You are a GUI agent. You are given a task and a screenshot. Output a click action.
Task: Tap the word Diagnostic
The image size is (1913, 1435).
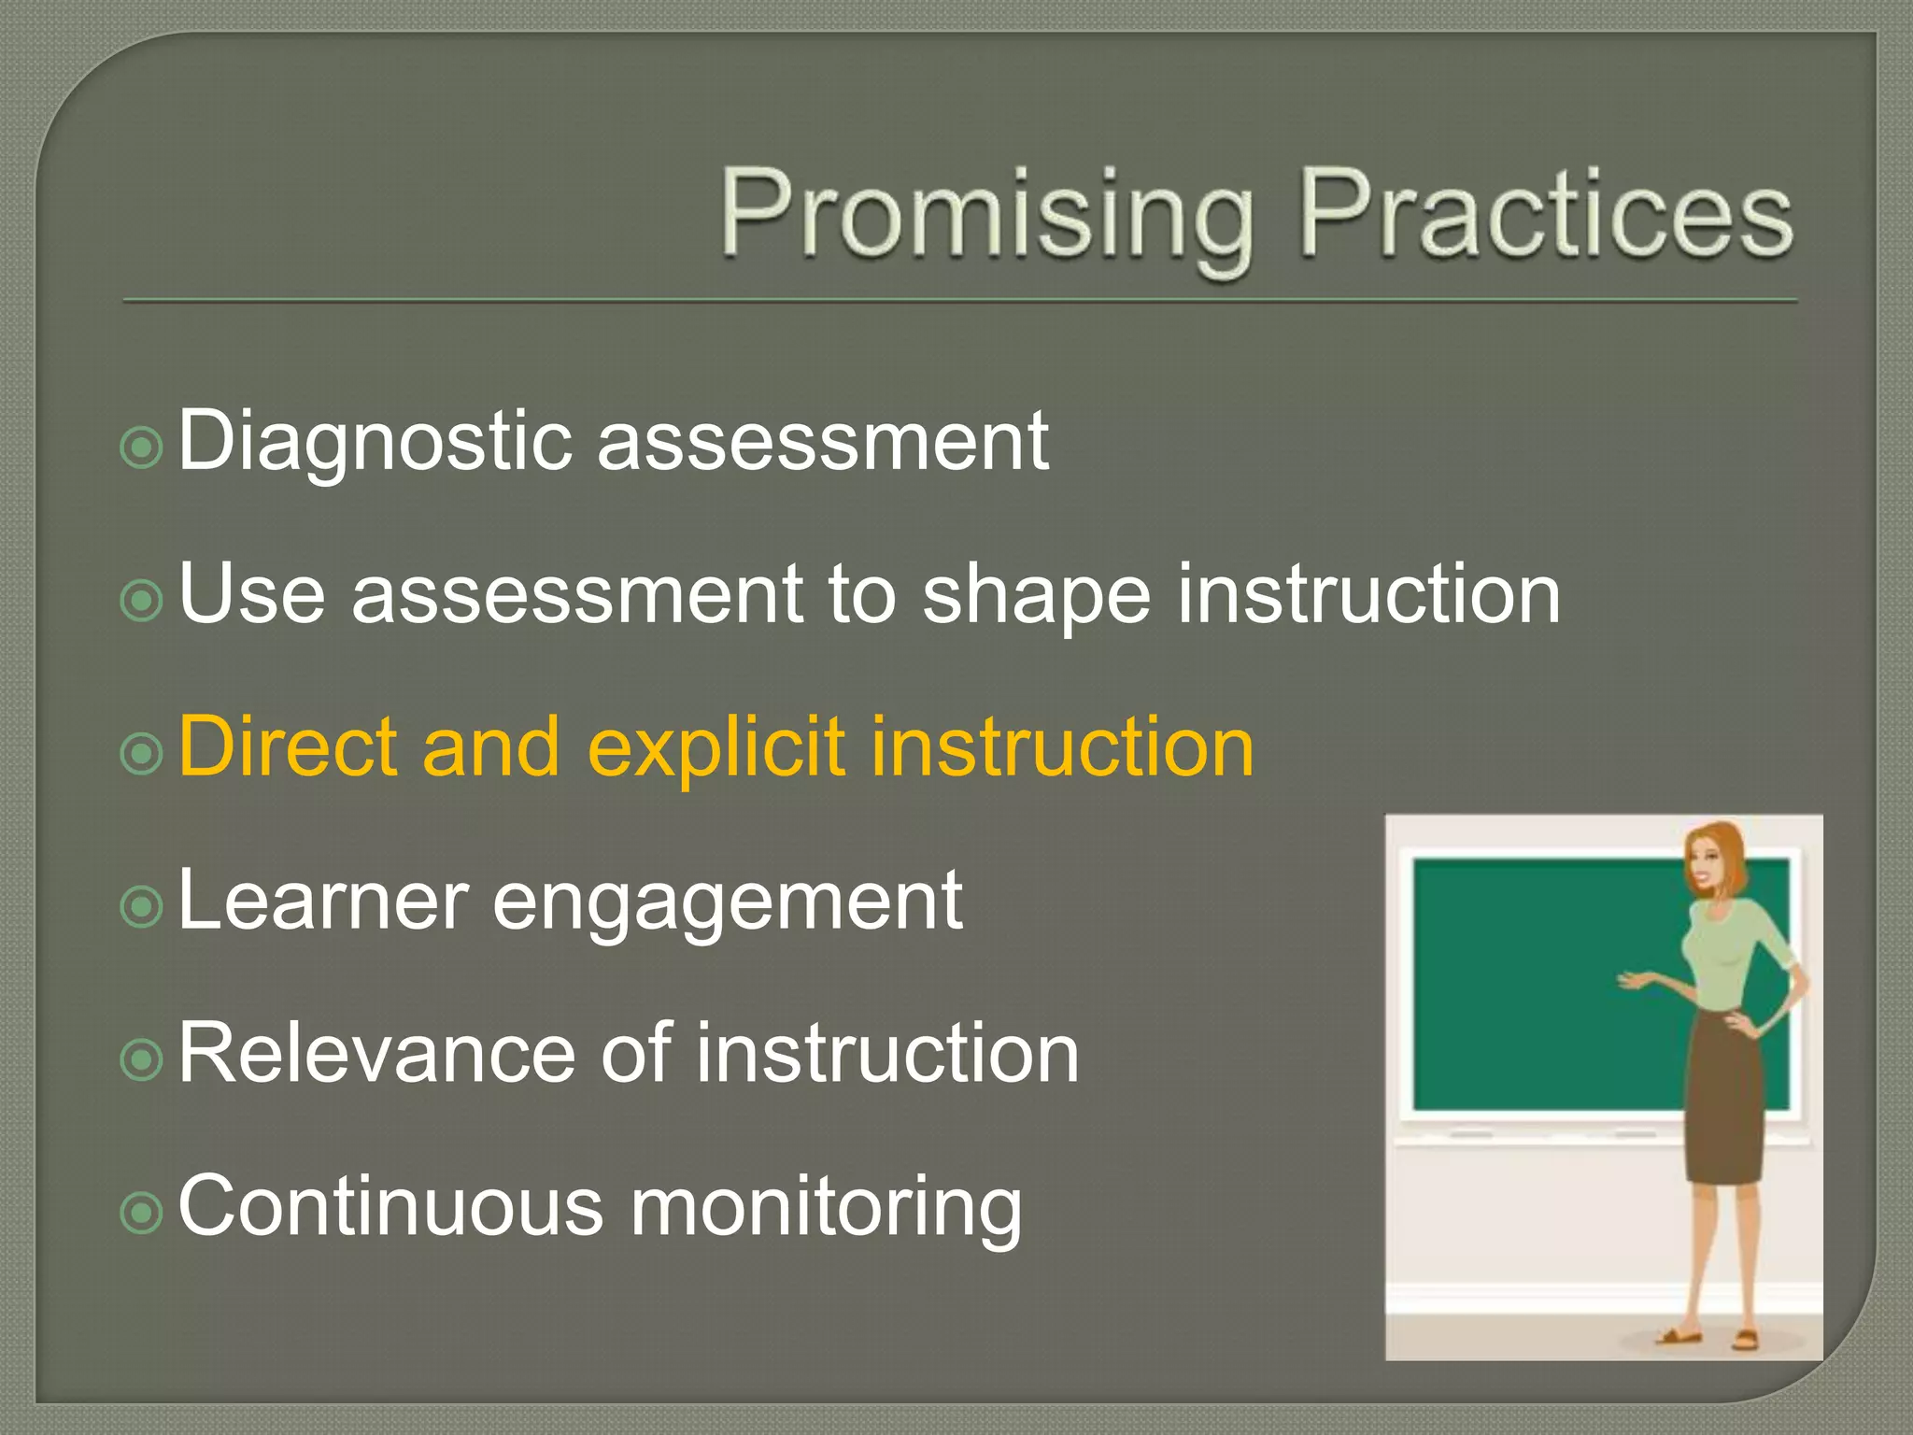(x=374, y=441)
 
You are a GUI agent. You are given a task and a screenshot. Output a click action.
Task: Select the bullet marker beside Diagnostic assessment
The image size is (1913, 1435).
(x=142, y=448)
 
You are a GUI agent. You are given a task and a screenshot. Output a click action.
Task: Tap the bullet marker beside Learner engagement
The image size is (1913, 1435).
(x=142, y=906)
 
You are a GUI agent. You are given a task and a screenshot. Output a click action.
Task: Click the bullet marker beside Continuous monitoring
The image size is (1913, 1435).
(x=142, y=1213)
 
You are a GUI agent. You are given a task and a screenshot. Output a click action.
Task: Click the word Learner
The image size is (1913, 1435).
(x=322, y=901)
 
